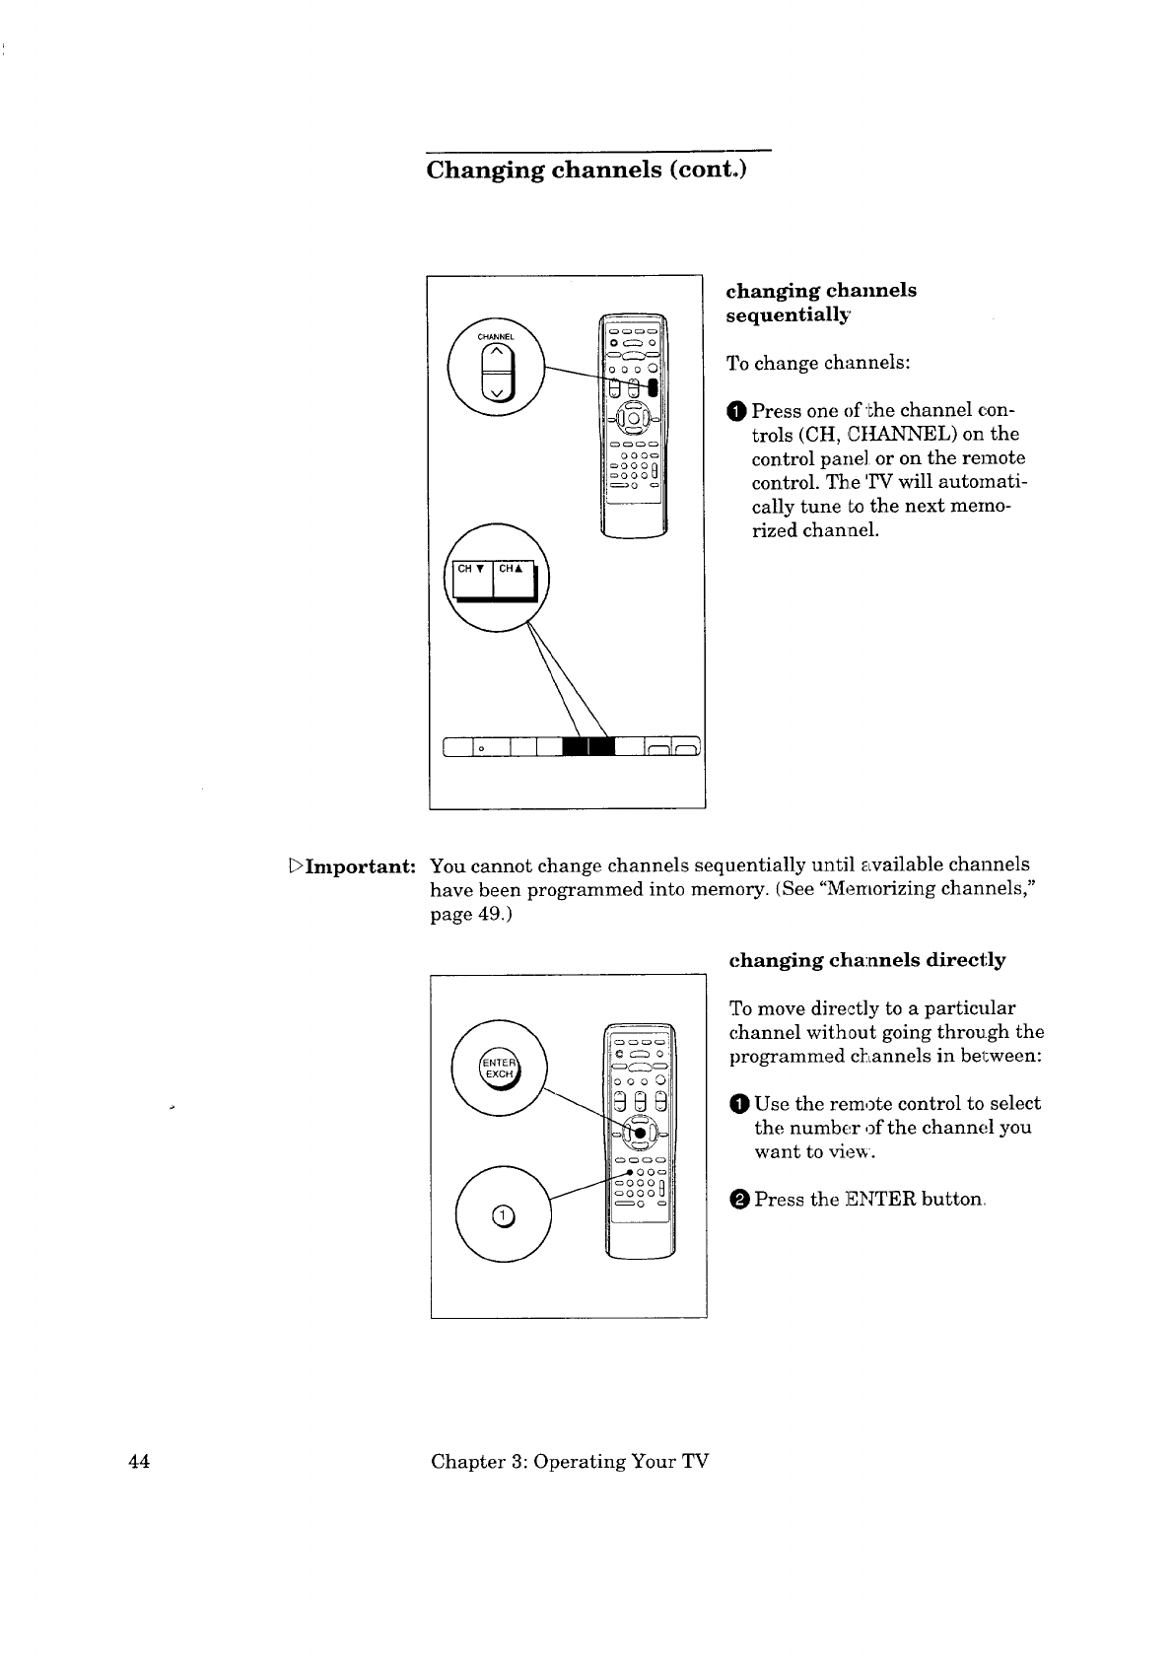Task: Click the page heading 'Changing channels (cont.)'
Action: point(586,170)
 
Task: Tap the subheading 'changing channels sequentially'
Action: point(821,302)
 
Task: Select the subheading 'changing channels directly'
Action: point(867,960)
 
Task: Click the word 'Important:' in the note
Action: point(361,866)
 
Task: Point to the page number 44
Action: point(139,1461)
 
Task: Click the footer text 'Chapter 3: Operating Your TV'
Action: point(570,1461)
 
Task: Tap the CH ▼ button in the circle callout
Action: point(472,579)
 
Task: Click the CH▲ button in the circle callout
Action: point(513,579)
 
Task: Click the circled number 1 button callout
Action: point(503,1215)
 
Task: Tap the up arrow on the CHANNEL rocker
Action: point(497,352)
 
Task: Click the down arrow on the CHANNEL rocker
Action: point(497,392)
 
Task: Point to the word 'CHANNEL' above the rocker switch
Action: point(495,337)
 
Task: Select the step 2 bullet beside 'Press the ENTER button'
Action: point(738,1199)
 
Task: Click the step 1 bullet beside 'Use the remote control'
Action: point(738,1104)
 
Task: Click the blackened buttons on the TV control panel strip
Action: point(588,746)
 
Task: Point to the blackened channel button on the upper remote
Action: point(653,387)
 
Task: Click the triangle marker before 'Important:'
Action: point(296,864)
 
